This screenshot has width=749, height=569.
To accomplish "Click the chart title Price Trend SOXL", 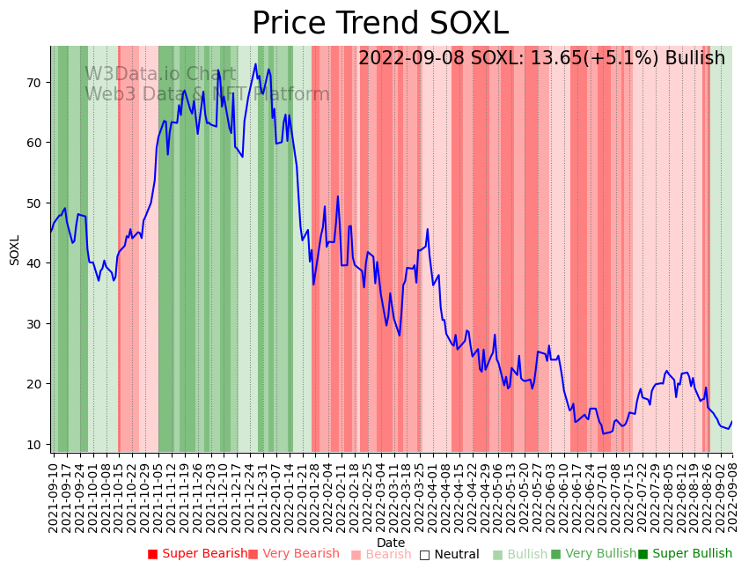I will [x=380, y=24].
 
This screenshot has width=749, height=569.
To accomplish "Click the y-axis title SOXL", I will [x=14, y=250].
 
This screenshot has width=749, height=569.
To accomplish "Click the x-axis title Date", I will [x=391, y=543].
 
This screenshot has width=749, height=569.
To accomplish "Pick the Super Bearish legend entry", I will [x=198, y=554].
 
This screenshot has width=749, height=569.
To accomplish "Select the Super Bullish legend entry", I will [x=685, y=554].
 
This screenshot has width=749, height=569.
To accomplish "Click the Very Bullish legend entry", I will [x=593, y=554].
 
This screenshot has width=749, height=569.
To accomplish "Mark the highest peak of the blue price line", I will [x=255, y=64].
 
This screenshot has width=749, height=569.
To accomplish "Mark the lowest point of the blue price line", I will [x=604, y=433].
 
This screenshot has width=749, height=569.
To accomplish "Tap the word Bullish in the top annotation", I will [x=694, y=58].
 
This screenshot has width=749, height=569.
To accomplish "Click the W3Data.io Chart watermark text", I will [x=160, y=75].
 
